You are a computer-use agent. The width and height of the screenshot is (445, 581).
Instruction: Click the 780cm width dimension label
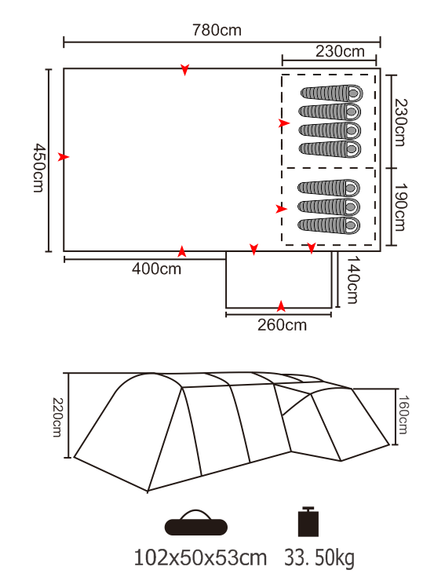[x=217, y=30]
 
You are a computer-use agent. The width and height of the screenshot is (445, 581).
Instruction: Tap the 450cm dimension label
[x=39, y=168]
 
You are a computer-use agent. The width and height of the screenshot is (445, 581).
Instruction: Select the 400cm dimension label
[x=156, y=269]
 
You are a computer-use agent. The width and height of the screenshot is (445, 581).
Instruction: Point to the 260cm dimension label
[x=282, y=325]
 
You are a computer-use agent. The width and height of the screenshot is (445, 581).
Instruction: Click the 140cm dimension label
[x=352, y=280]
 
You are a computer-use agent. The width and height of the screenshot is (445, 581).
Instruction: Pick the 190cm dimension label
[x=399, y=207]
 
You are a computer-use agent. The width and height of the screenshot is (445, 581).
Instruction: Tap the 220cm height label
[x=58, y=417]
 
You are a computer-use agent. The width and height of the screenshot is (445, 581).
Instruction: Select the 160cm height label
[x=403, y=415]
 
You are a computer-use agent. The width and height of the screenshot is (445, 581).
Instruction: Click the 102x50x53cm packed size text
[x=200, y=557]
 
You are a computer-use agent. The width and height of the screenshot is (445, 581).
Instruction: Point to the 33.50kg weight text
[x=319, y=558]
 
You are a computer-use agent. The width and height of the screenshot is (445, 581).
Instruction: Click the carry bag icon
[x=196, y=523]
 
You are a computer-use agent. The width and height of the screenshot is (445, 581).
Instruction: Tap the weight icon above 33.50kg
[x=308, y=521]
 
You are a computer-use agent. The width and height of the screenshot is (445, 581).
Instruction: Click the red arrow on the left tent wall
[x=64, y=157]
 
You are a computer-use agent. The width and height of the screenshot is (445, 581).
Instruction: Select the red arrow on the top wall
[x=185, y=69]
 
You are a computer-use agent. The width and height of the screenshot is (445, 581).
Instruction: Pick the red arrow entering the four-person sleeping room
[x=284, y=123]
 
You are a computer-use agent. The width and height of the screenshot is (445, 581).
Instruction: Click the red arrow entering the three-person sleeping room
[x=282, y=209]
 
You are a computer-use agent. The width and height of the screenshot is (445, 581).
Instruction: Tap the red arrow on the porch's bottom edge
[x=281, y=306]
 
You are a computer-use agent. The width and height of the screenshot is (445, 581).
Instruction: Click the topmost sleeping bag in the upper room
[x=332, y=93]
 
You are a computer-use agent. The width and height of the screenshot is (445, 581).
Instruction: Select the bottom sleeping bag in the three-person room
[x=329, y=225]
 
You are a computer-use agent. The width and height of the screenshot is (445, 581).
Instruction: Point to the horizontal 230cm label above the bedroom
[x=340, y=51]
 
